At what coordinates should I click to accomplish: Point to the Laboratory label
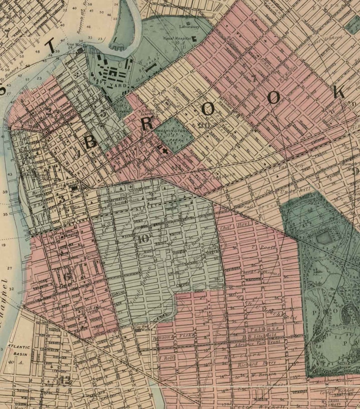189,27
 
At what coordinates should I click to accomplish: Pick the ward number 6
67,276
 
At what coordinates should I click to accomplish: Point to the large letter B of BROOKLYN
90,142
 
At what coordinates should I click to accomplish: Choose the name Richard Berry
248,364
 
